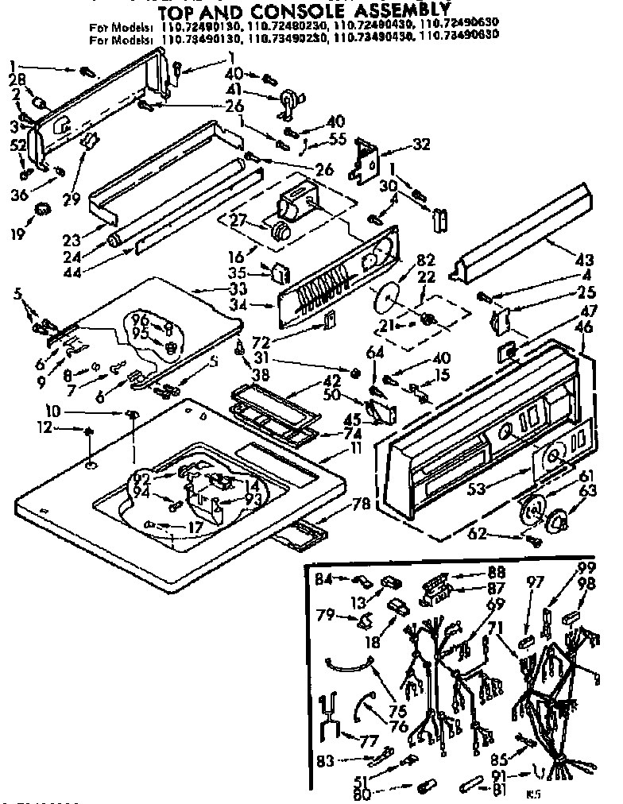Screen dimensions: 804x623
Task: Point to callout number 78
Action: point(362,503)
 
